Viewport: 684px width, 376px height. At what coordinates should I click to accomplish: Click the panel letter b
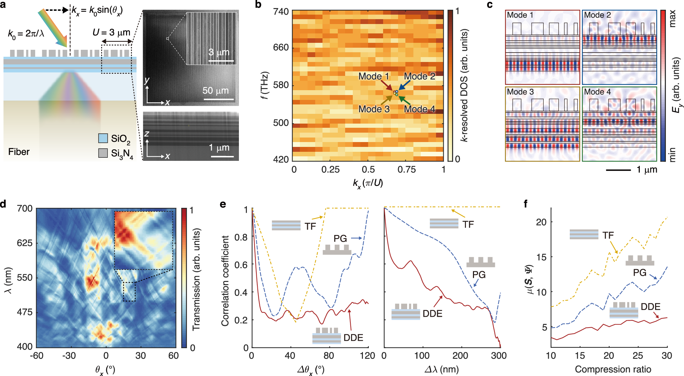(x=258, y=5)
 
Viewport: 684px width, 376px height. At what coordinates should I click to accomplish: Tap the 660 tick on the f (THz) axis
(x=281, y=47)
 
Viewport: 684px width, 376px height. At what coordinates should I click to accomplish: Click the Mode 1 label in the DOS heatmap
(x=374, y=76)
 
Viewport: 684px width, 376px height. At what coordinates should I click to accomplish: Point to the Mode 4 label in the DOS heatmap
(x=419, y=109)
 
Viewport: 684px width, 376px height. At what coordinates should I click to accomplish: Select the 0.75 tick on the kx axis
(x=406, y=170)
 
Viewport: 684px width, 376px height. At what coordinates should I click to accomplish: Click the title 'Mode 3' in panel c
(x=520, y=92)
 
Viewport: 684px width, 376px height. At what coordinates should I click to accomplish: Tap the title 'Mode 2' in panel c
(x=597, y=15)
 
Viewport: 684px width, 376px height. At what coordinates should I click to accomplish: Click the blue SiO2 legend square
(x=103, y=138)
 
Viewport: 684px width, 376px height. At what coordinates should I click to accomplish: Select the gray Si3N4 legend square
(x=103, y=153)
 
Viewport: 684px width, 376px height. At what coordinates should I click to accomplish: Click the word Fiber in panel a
(x=19, y=152)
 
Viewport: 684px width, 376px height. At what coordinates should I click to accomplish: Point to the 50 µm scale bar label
(x=216, y=91)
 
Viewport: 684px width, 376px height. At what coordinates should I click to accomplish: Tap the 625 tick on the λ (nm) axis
(x=25, y=243)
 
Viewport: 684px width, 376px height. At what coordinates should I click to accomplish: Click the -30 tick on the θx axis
(x=69, y=355)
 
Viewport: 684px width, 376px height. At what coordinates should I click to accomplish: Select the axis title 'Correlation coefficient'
(x=225, y=281)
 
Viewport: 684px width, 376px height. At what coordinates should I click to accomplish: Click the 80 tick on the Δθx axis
(x=328, y=355)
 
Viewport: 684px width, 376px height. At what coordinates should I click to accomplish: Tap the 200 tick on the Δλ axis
(x=460, y=355)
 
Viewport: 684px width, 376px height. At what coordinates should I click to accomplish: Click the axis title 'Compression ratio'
(x=613, y=369)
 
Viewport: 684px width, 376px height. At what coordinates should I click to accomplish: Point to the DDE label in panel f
(x=651, y=307)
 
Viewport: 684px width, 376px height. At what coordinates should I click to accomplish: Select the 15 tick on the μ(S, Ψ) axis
(x=541, y=257)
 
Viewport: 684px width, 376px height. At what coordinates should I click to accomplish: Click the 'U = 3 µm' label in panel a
(x=111, y=33)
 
